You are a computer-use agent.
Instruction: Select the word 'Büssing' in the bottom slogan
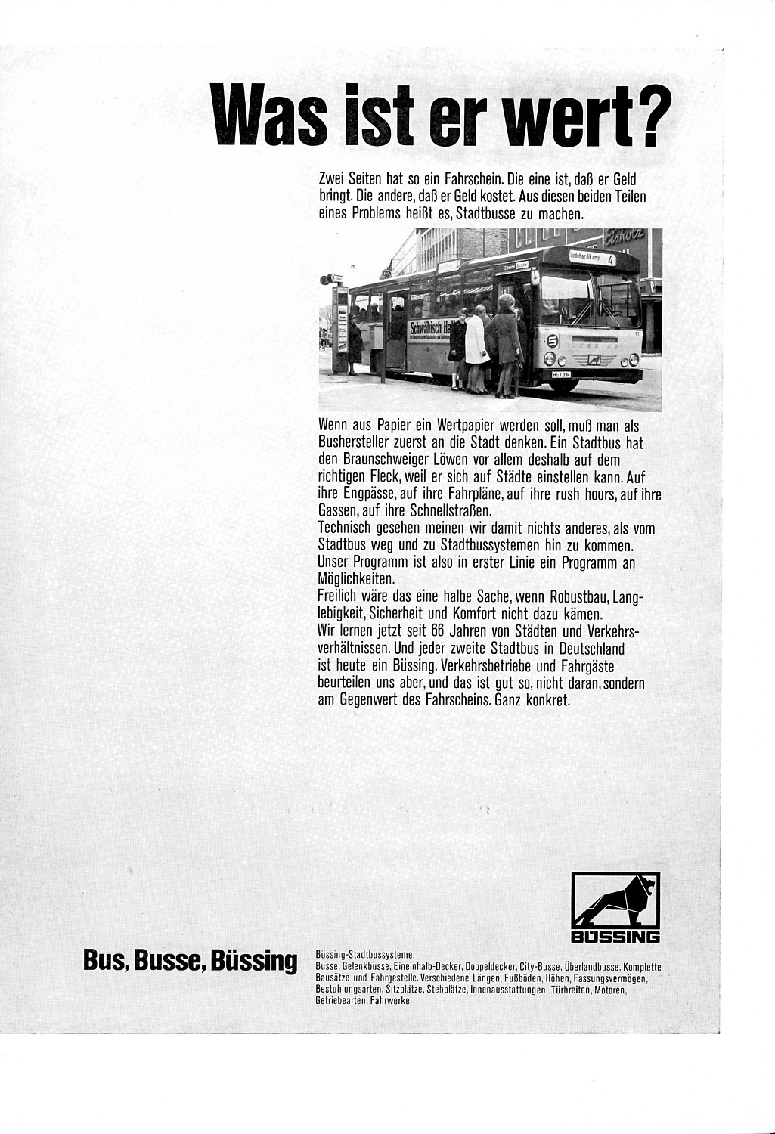255,962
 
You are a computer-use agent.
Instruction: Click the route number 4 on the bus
611,259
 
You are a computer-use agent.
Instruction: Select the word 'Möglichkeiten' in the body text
357,580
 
